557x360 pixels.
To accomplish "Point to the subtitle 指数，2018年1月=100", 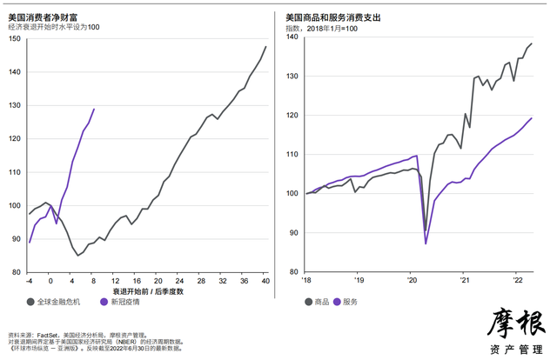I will pos(322,28).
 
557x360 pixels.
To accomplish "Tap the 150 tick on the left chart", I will pos(14,38).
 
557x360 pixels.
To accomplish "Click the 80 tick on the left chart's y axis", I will pos(17,272).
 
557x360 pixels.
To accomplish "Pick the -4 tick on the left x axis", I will pos(29,281).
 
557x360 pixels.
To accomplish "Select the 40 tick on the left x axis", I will pos(265,281).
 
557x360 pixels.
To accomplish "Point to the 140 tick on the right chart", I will pos(292,37).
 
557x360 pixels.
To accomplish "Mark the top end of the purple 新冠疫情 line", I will pos(94,109).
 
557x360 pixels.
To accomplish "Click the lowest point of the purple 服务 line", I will pos(426,243).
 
